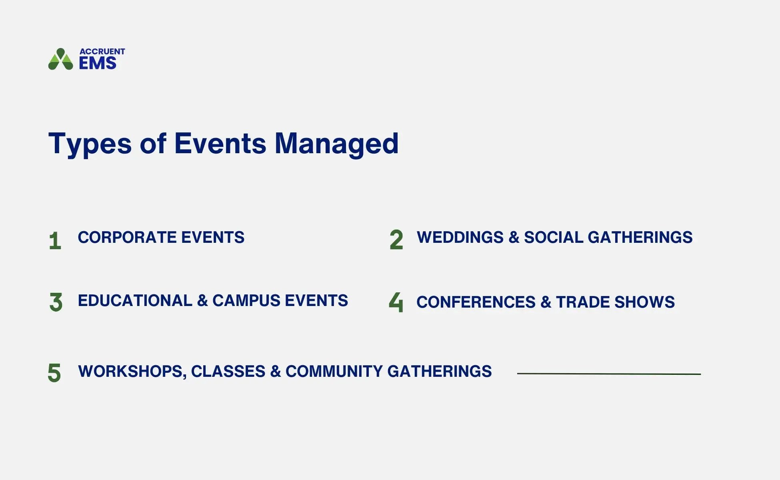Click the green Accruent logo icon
(x=60, y=60)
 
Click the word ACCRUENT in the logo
(x=102, y=52)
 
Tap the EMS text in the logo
(x=98, y=63)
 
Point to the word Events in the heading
(x=220, y=143)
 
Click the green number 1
(x=55, y=241)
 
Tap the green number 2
(x=396, y=240)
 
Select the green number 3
(x=56, y=302)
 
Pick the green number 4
(x=396, y=302)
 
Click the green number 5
(x=54, y=373)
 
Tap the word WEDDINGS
(x=460, y=237)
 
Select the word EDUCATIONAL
(x=135, y=301)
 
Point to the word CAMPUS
(x=246, y=301)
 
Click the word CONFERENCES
(x=476, y=302)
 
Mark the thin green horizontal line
(x=609, y=374)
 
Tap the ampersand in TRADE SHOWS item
(x=546, y=302)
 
